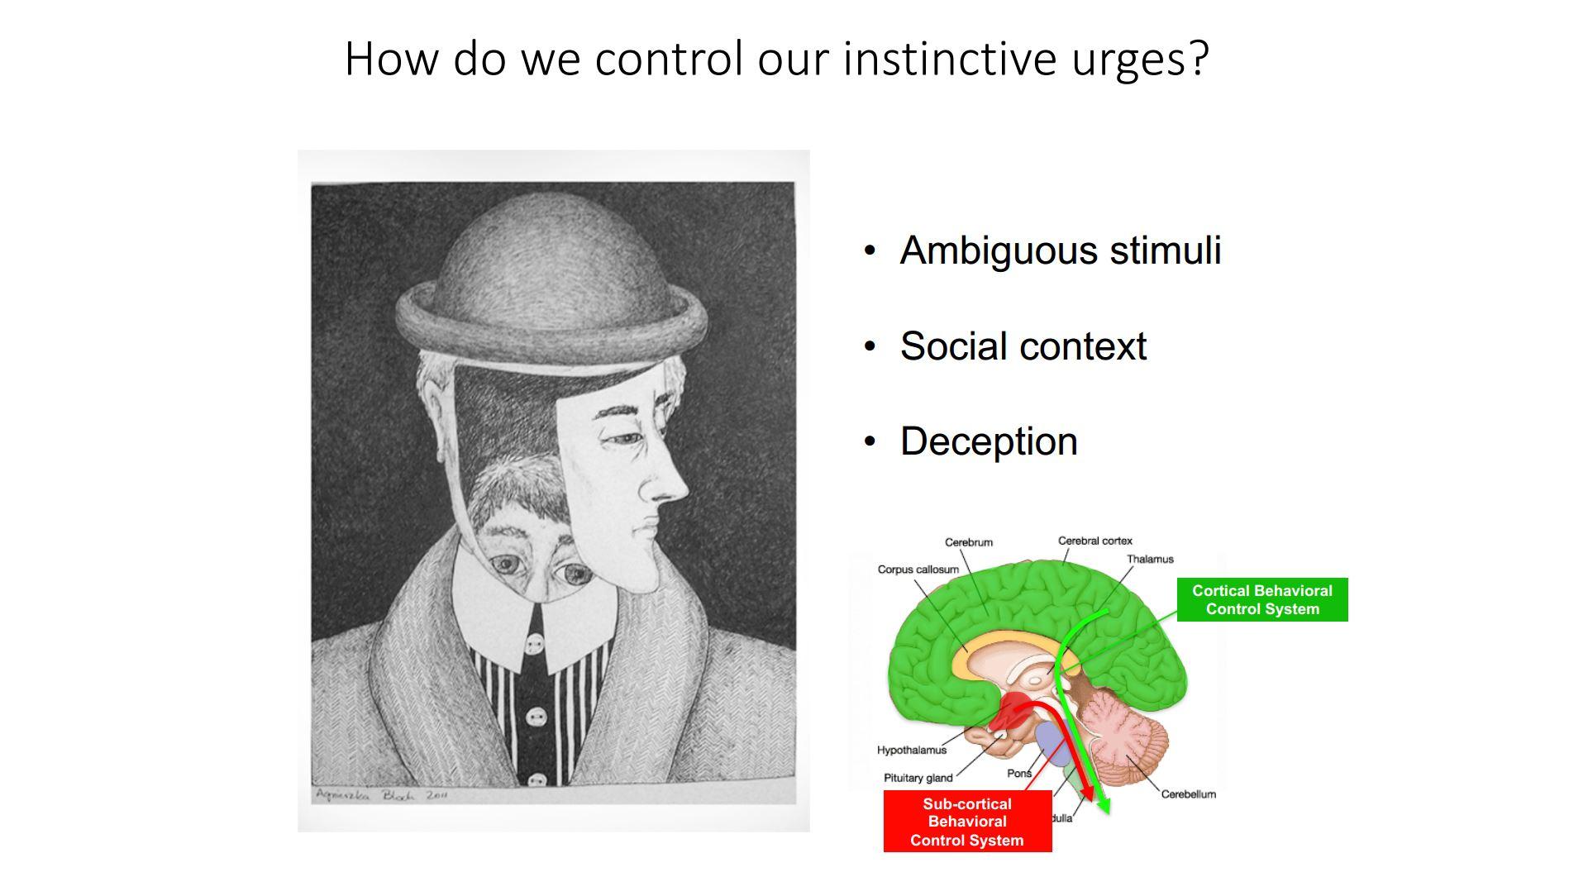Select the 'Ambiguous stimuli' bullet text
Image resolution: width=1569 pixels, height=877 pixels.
[1060, 250]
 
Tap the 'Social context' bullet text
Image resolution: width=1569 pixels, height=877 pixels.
[1023, 346]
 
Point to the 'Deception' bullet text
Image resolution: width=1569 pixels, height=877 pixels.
[989, 441]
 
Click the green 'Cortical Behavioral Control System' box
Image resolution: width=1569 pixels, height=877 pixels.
[1261, 600]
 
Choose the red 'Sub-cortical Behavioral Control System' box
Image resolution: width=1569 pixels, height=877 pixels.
[967, 822]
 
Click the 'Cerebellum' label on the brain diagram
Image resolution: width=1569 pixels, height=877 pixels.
[1188, 794]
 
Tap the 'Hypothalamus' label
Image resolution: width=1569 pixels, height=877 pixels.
[911, 751]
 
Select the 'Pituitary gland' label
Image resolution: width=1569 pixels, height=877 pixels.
[918, 778]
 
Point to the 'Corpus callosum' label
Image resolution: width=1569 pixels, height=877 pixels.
[918, 570]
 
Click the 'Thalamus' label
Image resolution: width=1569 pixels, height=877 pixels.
[1149, 560]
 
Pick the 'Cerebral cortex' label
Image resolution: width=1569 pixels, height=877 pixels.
[1094, 541]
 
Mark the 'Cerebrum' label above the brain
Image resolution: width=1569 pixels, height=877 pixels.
[968, 543]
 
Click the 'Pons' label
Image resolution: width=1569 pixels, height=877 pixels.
[1018, 774]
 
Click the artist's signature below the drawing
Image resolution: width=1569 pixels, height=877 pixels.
[381, 795]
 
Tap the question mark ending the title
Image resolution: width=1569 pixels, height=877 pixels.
[1199, 60]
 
